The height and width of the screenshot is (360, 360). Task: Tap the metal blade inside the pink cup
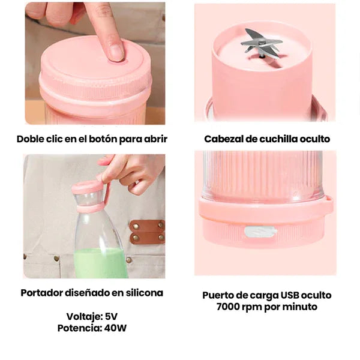click(262, 43)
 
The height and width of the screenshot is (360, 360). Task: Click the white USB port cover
click(260, 232)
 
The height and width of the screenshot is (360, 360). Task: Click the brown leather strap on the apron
click(146, 232)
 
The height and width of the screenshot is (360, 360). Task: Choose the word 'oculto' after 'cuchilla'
click(313, 139)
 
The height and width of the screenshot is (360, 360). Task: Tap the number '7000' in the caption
click(230, 307)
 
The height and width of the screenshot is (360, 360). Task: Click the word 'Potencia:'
click(78, 328)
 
